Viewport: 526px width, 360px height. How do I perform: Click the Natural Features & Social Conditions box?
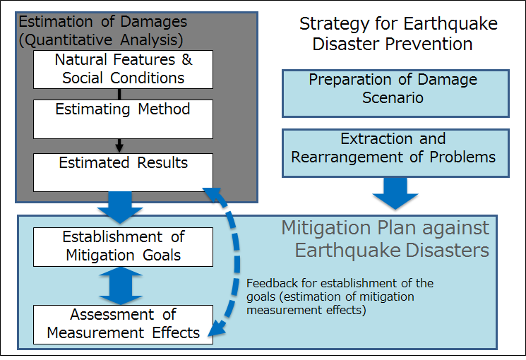123,69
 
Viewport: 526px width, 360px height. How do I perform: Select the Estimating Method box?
123,119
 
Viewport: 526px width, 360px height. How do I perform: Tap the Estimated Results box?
123,172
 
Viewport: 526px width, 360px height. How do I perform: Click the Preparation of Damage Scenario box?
395,94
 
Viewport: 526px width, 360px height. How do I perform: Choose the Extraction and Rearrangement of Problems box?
395,153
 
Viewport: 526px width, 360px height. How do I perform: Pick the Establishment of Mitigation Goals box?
123,247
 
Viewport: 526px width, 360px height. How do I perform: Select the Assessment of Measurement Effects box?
123,325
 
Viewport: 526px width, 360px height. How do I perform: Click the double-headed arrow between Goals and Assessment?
121,286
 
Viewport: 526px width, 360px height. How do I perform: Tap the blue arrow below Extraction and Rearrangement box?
395,193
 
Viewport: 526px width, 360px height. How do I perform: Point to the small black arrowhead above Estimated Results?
119,148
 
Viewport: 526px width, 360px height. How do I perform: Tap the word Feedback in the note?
272,283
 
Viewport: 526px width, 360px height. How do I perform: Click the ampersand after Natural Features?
187,60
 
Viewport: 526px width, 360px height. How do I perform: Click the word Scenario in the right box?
393,97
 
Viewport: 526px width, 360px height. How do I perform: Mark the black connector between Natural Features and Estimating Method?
119,95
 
